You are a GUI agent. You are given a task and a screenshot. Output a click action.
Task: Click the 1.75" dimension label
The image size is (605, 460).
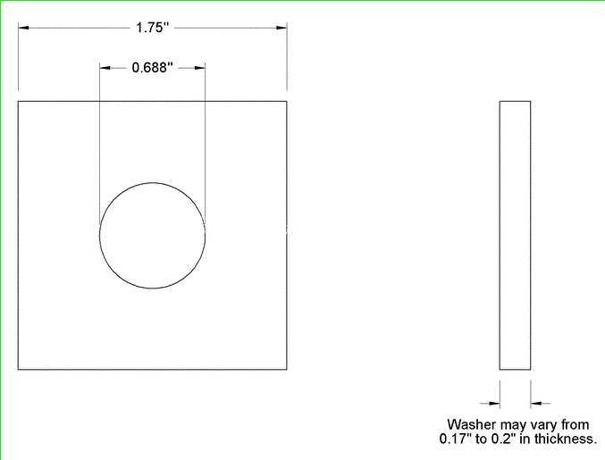click(153, 28)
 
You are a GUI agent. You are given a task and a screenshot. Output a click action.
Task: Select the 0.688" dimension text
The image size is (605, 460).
click(153, 68)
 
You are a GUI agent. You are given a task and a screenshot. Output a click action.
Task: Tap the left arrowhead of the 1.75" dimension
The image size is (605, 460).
click(23, 28)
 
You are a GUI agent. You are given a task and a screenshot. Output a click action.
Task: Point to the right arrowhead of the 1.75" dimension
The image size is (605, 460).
click(281, 28)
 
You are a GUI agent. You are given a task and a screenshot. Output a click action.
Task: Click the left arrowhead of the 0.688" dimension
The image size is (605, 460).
click(105, 68)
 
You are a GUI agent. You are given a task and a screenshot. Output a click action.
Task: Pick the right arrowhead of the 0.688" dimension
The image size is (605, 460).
click(200, 68)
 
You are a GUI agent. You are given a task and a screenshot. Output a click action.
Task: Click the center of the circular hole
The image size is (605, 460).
click(153, 236)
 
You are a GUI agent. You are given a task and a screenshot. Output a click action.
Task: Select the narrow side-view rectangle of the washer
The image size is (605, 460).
click(515, 236)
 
